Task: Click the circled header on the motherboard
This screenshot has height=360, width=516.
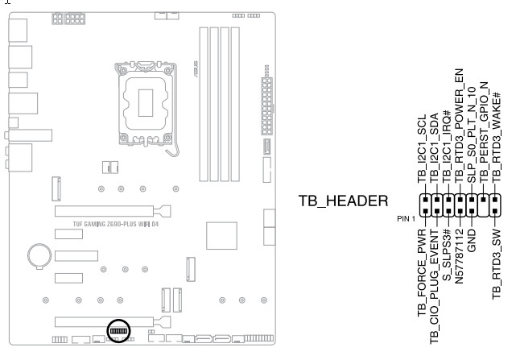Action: tap(118, 331)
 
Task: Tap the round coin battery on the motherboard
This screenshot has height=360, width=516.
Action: tap(37, 255)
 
